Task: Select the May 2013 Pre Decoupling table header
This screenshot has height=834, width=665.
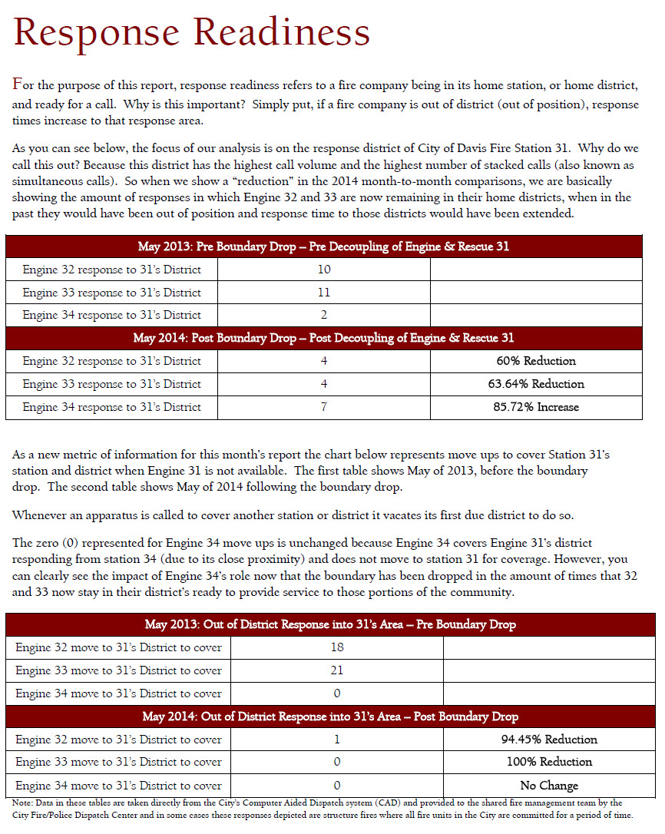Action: tap(323, 247)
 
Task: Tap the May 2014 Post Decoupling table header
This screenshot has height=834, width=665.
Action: tap(323, 338)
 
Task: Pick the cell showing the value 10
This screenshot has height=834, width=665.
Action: tap(323, 270)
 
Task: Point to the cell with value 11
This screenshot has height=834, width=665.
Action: tap(323, 293)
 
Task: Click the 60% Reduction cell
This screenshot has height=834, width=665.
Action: tap(536, 361)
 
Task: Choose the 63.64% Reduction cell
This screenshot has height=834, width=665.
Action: tap(536, 384)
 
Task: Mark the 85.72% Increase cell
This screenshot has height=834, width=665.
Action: tap(536, 407)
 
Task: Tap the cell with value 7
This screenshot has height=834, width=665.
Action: tap(323, 407)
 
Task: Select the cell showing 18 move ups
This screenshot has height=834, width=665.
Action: tap(336, 647)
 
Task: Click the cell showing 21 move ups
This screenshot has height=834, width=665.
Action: tap(336, 670)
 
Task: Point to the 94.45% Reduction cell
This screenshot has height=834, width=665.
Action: tap(548, 740)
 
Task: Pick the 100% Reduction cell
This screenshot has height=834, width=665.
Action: tap(548, 763)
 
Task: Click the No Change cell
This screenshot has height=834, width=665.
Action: tap(548, 786)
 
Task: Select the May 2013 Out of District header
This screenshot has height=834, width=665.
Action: tap(330, 624)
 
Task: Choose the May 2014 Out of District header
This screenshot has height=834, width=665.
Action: tap(330, 717)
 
